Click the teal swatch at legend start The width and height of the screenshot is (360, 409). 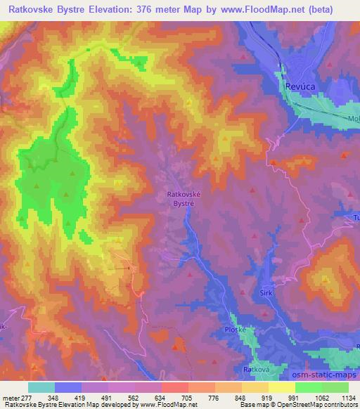pyautogui.click(x=41, y=387)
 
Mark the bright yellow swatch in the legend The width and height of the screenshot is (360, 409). pyautogui.click(x=281, y=387)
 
